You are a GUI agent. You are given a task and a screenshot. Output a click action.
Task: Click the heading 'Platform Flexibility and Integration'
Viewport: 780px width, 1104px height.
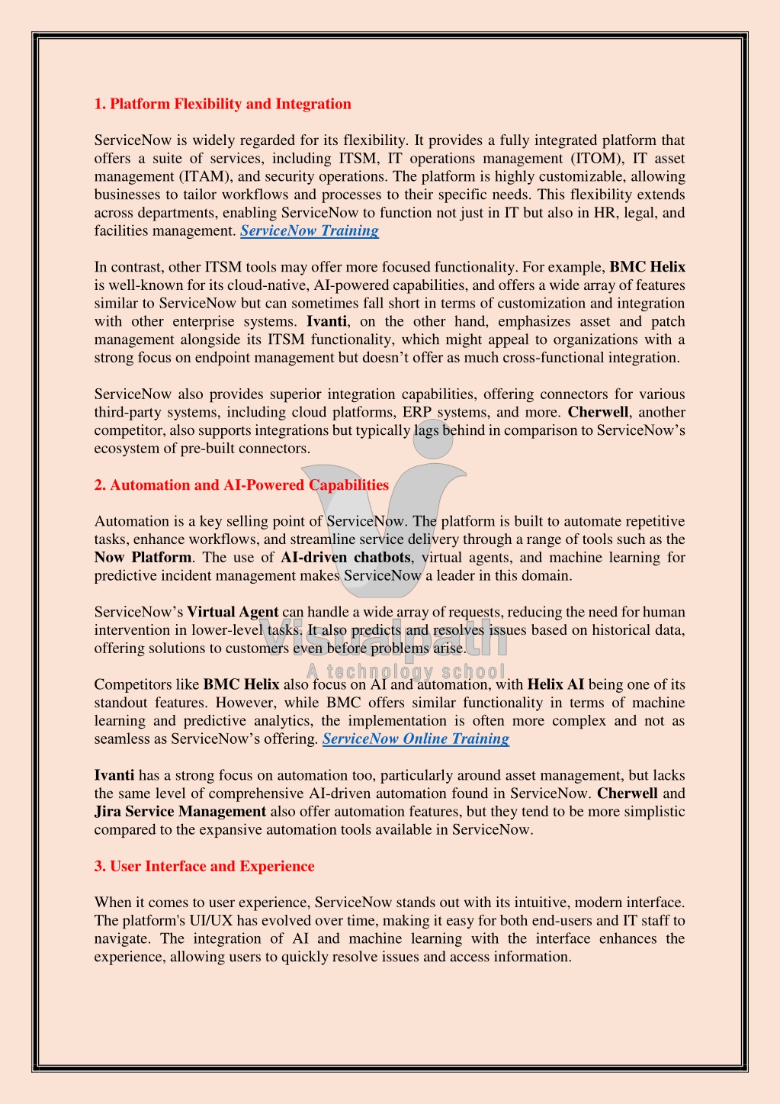point(223,104)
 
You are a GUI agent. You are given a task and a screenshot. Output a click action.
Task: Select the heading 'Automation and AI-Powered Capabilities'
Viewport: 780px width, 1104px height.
point(241,485)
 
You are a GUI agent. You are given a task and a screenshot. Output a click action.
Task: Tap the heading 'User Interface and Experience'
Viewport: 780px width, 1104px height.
point(204,866)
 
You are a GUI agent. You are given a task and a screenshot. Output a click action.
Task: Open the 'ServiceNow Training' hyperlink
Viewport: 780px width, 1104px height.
point(310,230)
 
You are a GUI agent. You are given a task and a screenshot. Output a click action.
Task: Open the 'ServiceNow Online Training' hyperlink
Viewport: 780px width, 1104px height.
point(416,739)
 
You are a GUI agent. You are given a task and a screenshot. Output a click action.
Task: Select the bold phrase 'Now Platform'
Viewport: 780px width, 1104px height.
point(143,557)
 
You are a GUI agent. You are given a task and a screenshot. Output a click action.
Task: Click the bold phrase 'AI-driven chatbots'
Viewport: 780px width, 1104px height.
point(345,557)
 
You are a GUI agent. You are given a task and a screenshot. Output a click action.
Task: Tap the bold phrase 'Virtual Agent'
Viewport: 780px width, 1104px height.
point(233,612)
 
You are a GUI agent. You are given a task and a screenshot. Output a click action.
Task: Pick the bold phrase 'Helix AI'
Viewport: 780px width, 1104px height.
point(555,684)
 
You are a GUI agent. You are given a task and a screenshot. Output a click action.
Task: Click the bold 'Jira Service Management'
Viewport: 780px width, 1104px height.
point(180,811)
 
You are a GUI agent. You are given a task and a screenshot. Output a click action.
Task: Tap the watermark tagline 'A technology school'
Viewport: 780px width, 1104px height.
point(406,671)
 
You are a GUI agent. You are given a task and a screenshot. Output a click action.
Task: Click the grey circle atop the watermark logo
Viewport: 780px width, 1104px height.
point(433,440)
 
